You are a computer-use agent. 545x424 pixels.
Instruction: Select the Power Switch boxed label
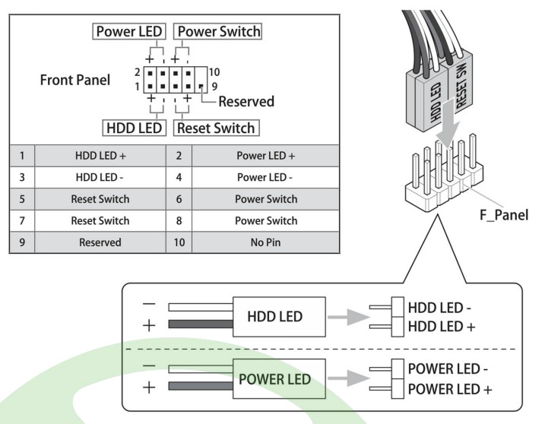[x=218, y=32]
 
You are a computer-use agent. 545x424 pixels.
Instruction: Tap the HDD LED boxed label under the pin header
[x=134, y=128]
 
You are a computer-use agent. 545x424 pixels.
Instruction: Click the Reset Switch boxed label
[x=215, y=128]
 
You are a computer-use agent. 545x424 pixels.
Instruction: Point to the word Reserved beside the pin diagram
[x=246, y=101]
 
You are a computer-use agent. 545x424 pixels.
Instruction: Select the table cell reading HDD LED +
[x=96, y=156]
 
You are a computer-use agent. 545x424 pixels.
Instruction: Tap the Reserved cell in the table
[x=96, y=243]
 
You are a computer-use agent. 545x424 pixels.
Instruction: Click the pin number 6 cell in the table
[x=179, y=200]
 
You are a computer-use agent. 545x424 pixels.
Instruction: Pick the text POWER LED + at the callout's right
[x=449, y=389]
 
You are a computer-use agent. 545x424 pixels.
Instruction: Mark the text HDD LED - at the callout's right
[x=440, y=310]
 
